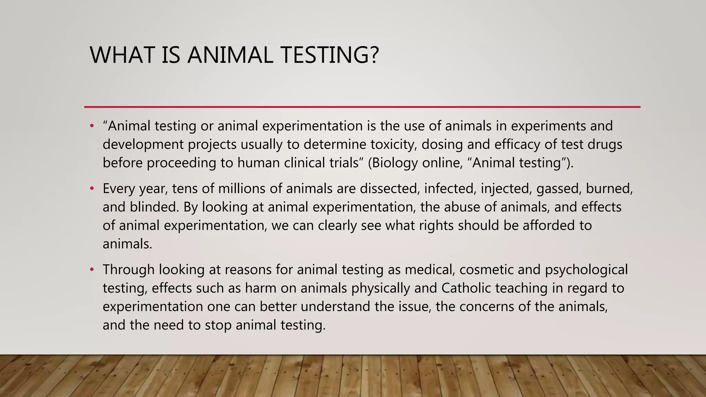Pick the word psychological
[586, 270]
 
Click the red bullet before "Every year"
[92, 189]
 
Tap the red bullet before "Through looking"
[92, 270]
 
